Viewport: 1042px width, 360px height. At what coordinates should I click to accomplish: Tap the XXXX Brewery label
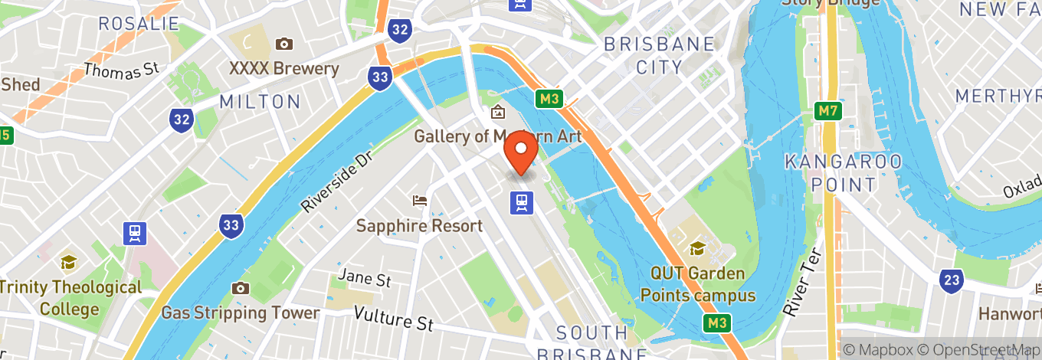(x=283, y=68)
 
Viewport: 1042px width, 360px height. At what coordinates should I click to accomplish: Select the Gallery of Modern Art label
(x=497, y=136)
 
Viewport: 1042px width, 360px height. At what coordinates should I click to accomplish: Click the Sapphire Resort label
(x=419, y=225)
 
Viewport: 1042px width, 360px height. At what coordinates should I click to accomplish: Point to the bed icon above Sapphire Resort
(x=419, y=201)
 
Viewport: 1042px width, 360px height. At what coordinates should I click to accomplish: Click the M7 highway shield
(x=827, y=111)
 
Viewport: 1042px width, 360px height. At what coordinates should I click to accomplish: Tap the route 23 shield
(x=951, y=280)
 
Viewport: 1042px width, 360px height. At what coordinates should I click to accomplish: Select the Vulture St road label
(x=393, y=318)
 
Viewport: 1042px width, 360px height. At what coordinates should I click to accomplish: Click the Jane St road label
(x=365, y=278)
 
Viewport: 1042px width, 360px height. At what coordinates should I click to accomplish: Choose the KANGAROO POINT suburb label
(x=843, y=172)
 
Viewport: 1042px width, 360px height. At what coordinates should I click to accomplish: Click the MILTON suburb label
(x=260, y=101)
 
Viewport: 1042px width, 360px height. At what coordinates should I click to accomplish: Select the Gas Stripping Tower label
(x=240, y=313)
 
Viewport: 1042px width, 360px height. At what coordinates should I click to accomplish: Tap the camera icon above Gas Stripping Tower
(x=241, y=288)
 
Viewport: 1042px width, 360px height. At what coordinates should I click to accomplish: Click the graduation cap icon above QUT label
(x=697, y=248)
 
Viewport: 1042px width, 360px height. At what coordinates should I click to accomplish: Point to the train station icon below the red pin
(x=522, y=201)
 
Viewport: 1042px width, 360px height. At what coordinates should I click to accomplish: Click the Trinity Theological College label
(x=70, y=298)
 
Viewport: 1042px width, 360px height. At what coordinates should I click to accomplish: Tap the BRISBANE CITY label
(x=659, y=55)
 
